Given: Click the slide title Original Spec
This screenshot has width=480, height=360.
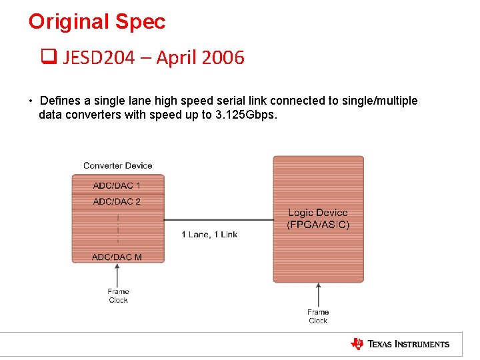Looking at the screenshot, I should click(x=97, y=22).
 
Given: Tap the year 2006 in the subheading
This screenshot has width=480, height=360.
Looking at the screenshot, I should click(x=223, y=58).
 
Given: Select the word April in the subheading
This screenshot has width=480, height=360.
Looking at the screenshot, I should click(x=177, y=58).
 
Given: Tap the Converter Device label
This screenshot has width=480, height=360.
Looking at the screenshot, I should click(x=117, y=165).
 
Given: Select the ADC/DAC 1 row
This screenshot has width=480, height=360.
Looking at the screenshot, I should click(x=117, y=185).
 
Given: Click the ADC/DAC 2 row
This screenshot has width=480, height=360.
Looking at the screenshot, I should click(x=117, y=201).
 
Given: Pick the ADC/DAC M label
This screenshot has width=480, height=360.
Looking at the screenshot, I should click(x=117, y=257).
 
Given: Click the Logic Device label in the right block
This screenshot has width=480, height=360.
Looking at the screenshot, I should click(x=318, y=213).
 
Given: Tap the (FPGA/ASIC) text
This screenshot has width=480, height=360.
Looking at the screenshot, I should click(x=318, y=225).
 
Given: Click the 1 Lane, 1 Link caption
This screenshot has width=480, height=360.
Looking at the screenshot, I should click(x=209, y=234).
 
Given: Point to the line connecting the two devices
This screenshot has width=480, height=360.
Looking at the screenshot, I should click(x=218, y=220).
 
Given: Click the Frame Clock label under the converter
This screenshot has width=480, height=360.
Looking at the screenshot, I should click(x=118, y=296).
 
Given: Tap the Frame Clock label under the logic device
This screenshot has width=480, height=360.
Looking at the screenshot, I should click(x=318, y=316).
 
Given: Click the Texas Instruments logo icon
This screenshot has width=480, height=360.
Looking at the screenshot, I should click(x=357, y=344).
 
